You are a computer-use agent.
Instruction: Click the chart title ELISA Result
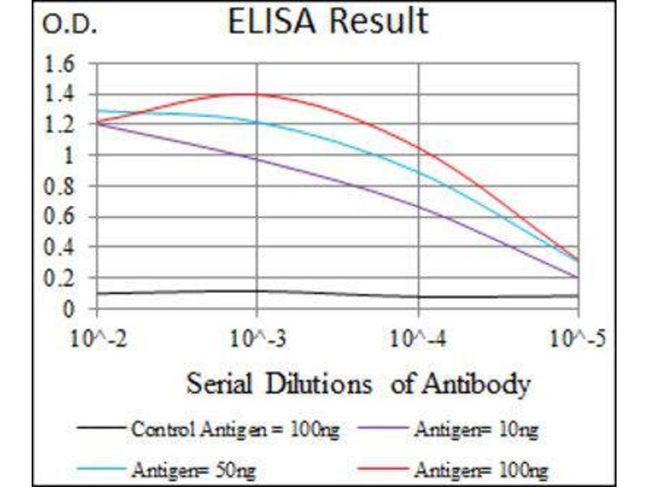(x=327, y=22)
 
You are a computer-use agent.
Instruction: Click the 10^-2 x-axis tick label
(x=97, y=338)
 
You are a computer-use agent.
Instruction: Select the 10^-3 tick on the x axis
(x=257, y=338)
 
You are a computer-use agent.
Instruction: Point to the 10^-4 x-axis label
(x=418, y=338)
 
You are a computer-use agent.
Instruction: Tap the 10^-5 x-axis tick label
(x=577, y=338)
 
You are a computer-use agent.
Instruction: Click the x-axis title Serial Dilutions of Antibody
(x=358, y=382)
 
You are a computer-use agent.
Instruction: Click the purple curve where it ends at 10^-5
(x=578, y=278)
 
